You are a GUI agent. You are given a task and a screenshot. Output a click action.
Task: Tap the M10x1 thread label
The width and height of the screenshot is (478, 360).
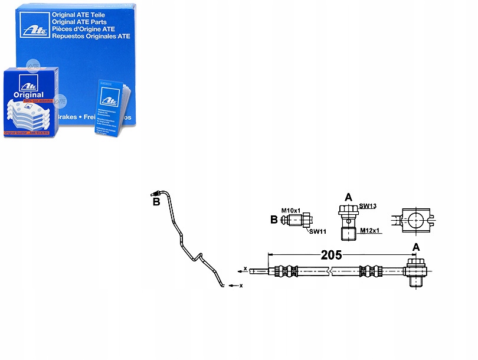coord(291,211)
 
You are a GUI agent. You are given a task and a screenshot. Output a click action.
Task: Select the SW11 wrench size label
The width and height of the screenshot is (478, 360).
coord(317,231)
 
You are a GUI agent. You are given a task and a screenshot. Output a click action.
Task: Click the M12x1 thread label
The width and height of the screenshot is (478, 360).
coord(369,230)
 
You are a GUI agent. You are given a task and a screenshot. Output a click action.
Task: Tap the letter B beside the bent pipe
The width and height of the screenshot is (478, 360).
coord(156,202)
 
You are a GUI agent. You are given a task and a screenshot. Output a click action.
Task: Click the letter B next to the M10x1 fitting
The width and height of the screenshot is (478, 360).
coord(274,220)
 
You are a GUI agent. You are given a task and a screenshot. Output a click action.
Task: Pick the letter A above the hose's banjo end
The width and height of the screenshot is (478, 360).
coord(416,248)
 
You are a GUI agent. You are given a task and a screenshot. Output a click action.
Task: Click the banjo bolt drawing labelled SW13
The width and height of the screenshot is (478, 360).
coord(346,221)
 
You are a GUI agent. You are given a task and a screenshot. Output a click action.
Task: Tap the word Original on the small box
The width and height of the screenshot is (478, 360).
coord(28,94)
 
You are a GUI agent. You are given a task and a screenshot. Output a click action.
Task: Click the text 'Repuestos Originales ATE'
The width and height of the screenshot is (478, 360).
coord(91,36)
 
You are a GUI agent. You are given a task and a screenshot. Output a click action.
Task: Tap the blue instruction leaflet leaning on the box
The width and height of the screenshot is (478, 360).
coord(111,107)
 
